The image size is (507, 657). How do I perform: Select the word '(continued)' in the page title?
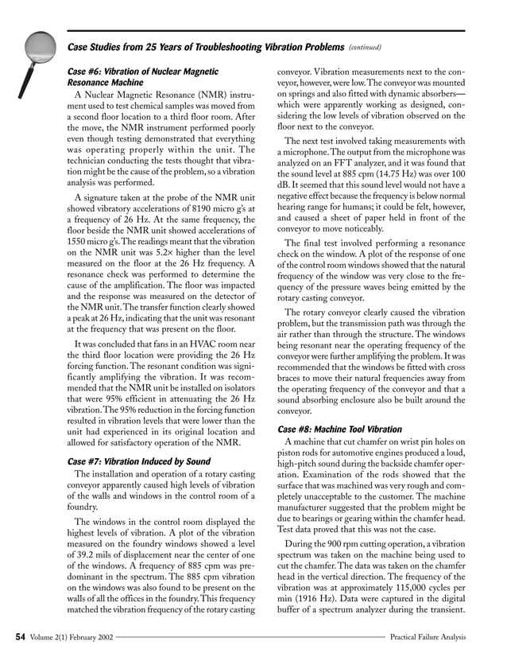[366, 46]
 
